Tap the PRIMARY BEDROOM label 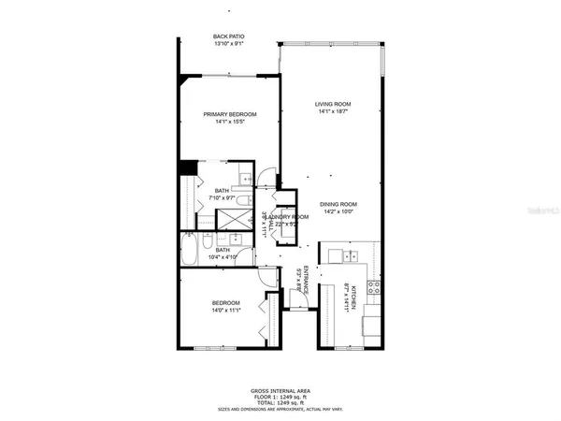[x=230, y=114]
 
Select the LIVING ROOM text [x=332, y=104]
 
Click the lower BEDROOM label [x=226, y=302]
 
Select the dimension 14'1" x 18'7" [x=332, y=112]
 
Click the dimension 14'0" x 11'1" [x=226, y=311]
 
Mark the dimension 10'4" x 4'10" [x=223, y=257]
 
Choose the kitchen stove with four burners [x=372, y=290]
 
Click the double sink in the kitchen [x=350, y=255]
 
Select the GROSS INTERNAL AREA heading [x=280, y=390]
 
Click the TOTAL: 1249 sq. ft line [x=280, y=402]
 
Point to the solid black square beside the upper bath [x=187, y=168]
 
